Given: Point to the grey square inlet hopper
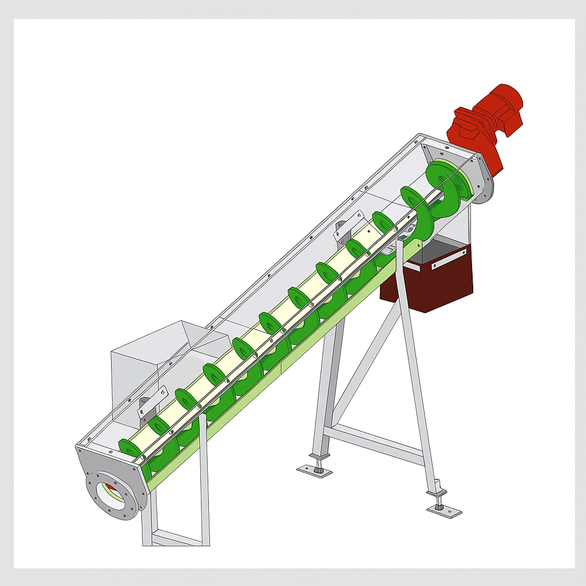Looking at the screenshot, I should tap(137, 366).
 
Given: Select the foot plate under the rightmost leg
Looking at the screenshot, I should tap(443, 509).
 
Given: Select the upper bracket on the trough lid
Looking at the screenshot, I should tap(349, 226).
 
